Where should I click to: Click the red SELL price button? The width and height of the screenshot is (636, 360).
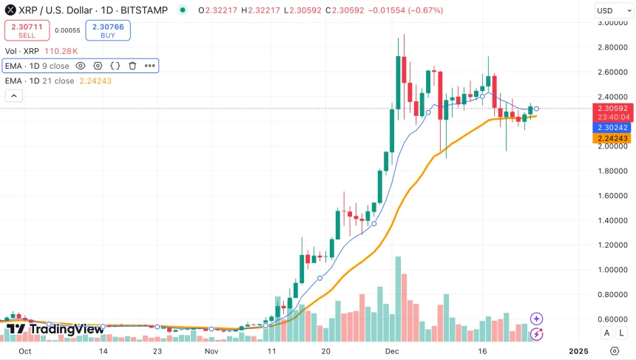[x=26, y=30]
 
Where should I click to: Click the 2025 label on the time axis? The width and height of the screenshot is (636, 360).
[x=578, y=350]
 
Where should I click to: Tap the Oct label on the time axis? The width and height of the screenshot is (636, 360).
[x=24, y=350]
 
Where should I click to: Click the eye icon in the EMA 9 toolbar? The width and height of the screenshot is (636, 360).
[x=81, y=66]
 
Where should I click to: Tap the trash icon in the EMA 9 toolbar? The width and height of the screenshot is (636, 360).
[x=132, y=66]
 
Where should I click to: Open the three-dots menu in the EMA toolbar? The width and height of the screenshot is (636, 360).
[x=149, y=66]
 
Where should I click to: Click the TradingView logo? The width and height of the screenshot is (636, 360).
[x=55, y=330]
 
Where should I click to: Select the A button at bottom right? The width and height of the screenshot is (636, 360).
[x=607, y=333]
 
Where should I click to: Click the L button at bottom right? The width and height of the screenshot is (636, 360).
[x=622, y=333]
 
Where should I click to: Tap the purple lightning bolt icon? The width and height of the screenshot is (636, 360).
[x=537, y=334]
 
